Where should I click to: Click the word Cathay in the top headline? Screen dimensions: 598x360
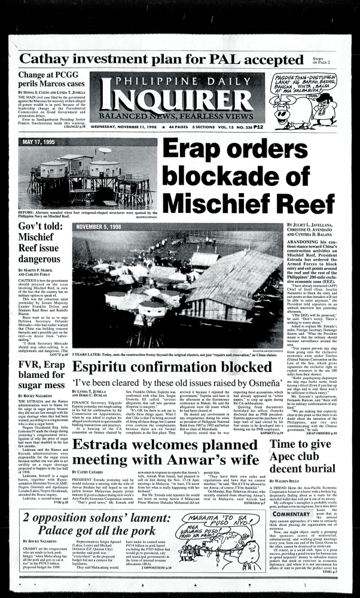point(50,59)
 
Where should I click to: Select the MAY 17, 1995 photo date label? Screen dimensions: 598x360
point(42,142)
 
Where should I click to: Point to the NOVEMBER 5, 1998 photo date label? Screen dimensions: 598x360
point(99,227)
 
